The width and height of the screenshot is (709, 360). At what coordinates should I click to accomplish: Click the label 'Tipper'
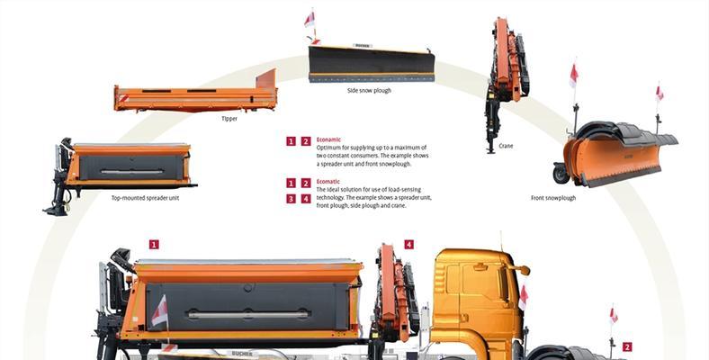(229, 119)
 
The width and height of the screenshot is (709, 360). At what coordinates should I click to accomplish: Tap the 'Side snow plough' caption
(369, 91)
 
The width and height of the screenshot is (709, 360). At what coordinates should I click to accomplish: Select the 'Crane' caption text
(506, 146)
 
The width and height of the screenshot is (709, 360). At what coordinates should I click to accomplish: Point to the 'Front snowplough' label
(553, 198)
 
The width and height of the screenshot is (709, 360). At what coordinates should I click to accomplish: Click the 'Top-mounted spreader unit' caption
(145, 198)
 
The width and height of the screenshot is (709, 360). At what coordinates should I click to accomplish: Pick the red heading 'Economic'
(328, 139)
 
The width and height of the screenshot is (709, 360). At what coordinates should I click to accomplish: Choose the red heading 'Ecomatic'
(328, 182)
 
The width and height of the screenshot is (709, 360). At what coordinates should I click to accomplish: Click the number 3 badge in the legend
(292, 199)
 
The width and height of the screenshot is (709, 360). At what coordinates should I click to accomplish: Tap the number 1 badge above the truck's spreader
(154, 244)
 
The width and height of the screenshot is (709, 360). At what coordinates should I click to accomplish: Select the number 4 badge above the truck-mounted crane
(408, 244)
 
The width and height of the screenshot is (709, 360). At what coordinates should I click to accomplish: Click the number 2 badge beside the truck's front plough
(627, 346)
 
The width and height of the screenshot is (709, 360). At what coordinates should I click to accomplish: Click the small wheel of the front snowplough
(561, 173)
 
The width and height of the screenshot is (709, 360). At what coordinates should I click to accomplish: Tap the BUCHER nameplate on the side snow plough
(363, 45)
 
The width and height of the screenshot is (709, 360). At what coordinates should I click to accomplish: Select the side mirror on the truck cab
(523, 270)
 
